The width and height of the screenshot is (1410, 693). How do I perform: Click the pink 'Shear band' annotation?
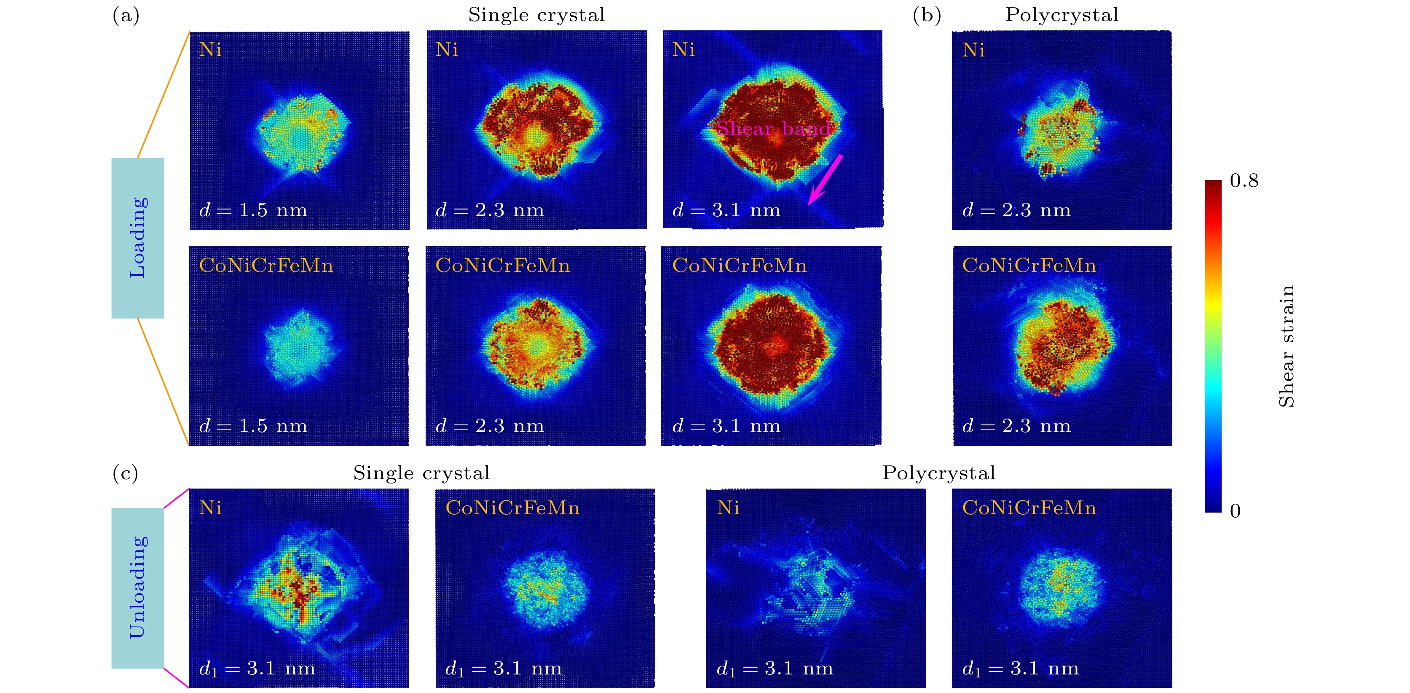click(773, 128)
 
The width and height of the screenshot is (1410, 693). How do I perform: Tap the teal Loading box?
click(137, 238)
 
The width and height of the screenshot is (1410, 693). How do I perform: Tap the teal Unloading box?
click(137, 588)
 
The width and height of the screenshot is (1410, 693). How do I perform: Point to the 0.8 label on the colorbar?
click(1244, 181)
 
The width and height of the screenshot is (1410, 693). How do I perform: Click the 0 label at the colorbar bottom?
click(1235, 511)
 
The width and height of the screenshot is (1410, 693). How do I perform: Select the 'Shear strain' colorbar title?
click(1286, 346)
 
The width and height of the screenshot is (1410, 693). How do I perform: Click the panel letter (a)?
click(126, 15)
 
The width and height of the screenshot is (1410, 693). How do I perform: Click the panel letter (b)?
click(927, 15)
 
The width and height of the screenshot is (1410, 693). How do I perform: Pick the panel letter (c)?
click(125, 473)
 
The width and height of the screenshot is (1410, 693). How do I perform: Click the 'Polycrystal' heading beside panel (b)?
click(1062, 15)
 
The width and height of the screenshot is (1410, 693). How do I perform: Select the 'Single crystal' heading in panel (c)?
click(421, 473)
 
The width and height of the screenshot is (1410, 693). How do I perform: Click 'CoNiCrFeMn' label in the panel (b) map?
click(1029, 266)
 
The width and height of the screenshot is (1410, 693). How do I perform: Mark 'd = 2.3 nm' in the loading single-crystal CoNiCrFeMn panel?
click(490, 425)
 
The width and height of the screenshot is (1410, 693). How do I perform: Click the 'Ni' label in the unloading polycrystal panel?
click(728, 508)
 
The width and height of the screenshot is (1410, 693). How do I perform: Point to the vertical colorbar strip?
click(1213, 346)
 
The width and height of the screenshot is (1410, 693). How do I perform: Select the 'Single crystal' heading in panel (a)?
click(536, 15)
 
